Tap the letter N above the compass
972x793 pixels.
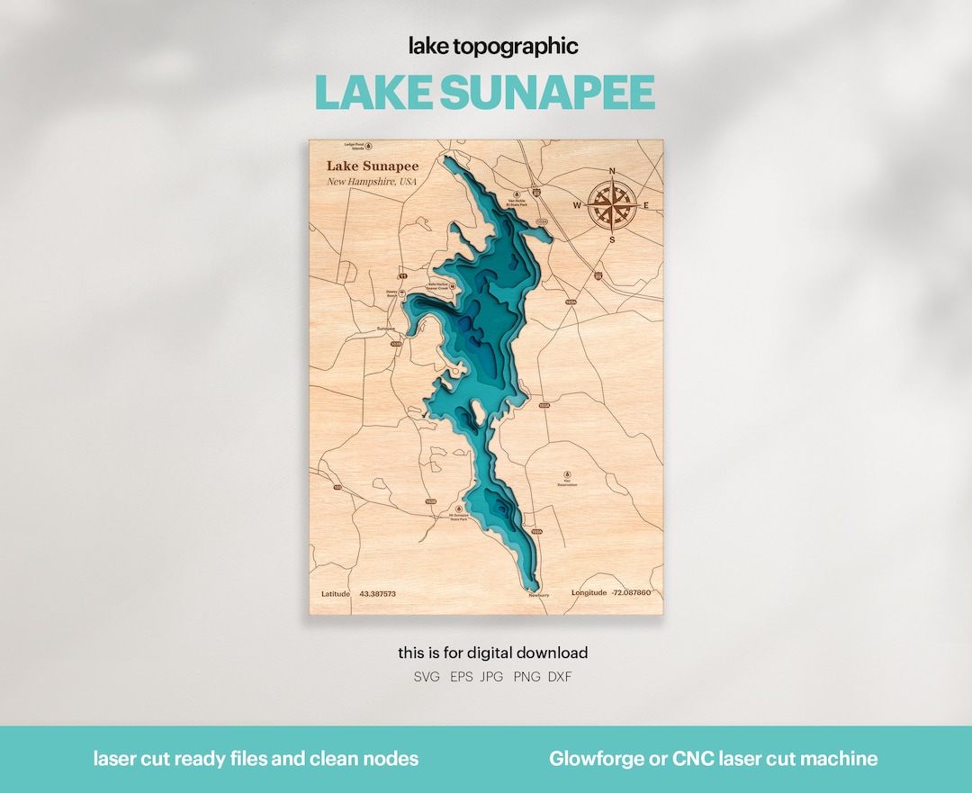point(612,171)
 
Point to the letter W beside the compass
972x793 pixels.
point(578,205)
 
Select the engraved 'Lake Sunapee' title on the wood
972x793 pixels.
point(372,166)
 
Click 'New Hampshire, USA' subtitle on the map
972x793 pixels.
point(372,182)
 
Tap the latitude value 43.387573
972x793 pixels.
point(378,594)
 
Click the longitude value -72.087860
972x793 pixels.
point(631,593)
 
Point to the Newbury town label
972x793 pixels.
point(539,595)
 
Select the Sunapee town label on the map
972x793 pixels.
point(386,329)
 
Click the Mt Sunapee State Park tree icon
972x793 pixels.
point(448,509)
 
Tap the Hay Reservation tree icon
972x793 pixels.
point(567,473)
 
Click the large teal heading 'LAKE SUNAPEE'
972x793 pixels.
point(485,94)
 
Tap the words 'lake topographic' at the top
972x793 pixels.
point(493,46)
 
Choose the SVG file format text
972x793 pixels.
point(427,677)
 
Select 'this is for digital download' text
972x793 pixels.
point(493,653)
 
